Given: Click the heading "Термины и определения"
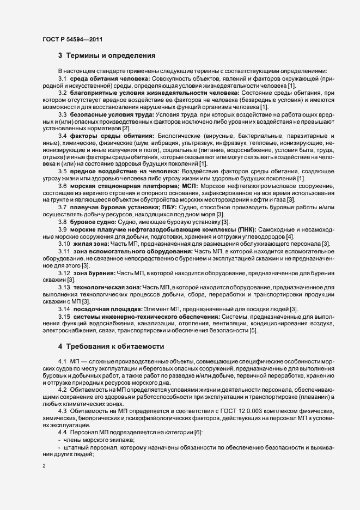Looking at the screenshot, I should pos(111,56).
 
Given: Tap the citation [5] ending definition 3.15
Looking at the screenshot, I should pos(253,330).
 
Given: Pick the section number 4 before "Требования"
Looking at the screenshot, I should pos(60,347).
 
